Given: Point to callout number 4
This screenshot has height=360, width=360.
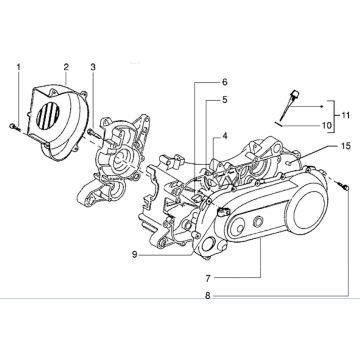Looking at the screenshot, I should point(225,136).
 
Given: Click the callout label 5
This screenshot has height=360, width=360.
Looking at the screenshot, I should point(225,100).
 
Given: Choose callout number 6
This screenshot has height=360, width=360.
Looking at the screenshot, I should point(225,81).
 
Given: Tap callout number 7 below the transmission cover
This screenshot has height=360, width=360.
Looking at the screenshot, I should point(207,276).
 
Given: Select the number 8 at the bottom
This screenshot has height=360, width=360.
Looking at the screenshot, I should point(207,296).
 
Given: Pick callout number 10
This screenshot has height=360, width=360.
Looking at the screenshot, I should point(325,125).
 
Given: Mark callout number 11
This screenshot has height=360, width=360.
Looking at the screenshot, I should point(346,116).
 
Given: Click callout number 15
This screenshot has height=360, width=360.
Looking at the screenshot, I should point(345,147).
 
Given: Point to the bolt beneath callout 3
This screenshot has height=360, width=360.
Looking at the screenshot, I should point(89,131).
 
